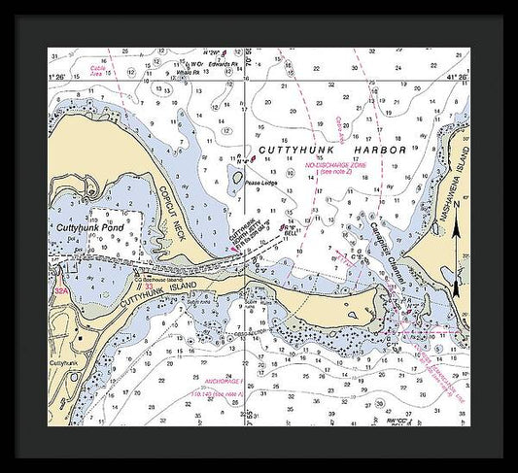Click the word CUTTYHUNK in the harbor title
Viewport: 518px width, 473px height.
(292, 152)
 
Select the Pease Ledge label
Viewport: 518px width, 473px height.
(259, 182)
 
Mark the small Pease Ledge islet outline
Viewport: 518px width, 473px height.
(235, 176)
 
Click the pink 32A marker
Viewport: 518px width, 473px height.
(61, 289)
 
